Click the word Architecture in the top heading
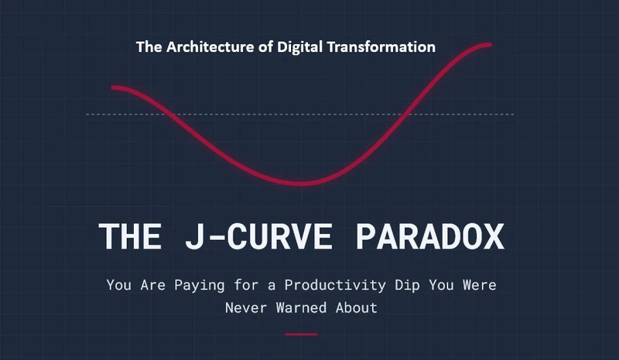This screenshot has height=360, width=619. click(210, 47)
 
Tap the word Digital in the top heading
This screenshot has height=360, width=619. click(299, 47)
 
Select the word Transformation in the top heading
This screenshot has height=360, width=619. click(381, 47)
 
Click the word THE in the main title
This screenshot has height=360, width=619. click(130, 236)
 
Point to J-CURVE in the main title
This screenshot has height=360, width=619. click(259, 236)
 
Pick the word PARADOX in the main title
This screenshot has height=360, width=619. click(430, 236)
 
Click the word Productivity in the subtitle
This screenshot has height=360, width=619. click(335, 286)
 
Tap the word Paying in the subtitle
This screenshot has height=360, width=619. click(200, 286)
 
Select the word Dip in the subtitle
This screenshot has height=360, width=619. click(407, 286)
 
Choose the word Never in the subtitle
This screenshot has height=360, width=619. click(245, 308)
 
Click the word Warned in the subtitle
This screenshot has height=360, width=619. click(301, 308)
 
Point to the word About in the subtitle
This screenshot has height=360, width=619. click(356, 308)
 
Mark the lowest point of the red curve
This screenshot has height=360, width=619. click(301, 183)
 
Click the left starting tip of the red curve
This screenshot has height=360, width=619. click(113, 87)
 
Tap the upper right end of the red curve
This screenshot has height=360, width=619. click(490, 45)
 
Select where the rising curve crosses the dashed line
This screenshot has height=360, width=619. click(405, 115)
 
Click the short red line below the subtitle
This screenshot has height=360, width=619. click(301, 334)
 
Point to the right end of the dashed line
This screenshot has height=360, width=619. click(514, 115)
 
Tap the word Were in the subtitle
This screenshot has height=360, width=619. click(480, 286)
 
